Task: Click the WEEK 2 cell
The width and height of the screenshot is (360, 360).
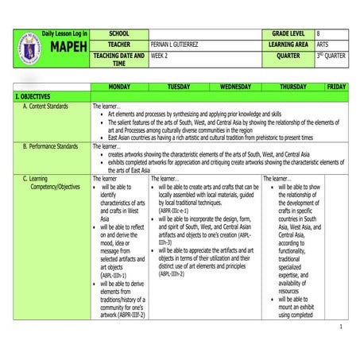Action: (x=162, y=56)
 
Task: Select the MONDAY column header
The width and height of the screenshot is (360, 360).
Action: (x=119, y=85)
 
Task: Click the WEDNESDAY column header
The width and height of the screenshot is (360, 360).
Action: (x=235, y=85)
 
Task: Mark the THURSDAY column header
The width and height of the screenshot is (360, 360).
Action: (x=293, y=85)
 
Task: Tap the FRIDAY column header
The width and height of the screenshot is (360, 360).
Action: (x=335, y=85)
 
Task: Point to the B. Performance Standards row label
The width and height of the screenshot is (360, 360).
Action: (x=50, y=146)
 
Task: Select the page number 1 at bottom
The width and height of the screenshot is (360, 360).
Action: (x=340, y=327)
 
